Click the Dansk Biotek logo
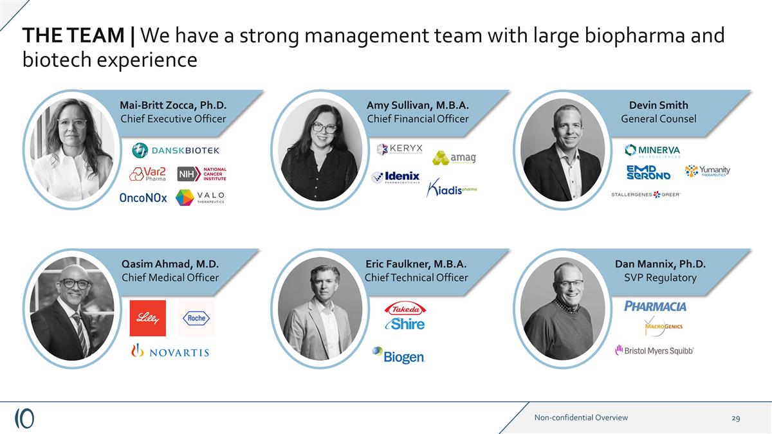click(176, 150)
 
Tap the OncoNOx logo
click(143, 198)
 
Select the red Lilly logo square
click(147, 318)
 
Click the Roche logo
click(196, 318)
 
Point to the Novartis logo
click(169, 351)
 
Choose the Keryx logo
click(400, 149)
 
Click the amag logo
click(454, 158)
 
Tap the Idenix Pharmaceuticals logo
click(396, 177)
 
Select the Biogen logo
click(398, 356)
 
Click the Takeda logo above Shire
click(405, 309)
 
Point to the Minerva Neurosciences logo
click(652, 150)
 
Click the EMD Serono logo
click(648, 172)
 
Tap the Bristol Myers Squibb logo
click(654, 350)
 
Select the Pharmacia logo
click(655, 306)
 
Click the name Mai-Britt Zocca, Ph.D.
click(173, 105)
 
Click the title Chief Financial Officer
click(418, 119)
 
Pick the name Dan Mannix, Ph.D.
click(660, 264)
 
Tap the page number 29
click(735, 418)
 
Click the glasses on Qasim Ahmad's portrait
click(76, 284)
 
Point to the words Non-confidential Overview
click(581, 418)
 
